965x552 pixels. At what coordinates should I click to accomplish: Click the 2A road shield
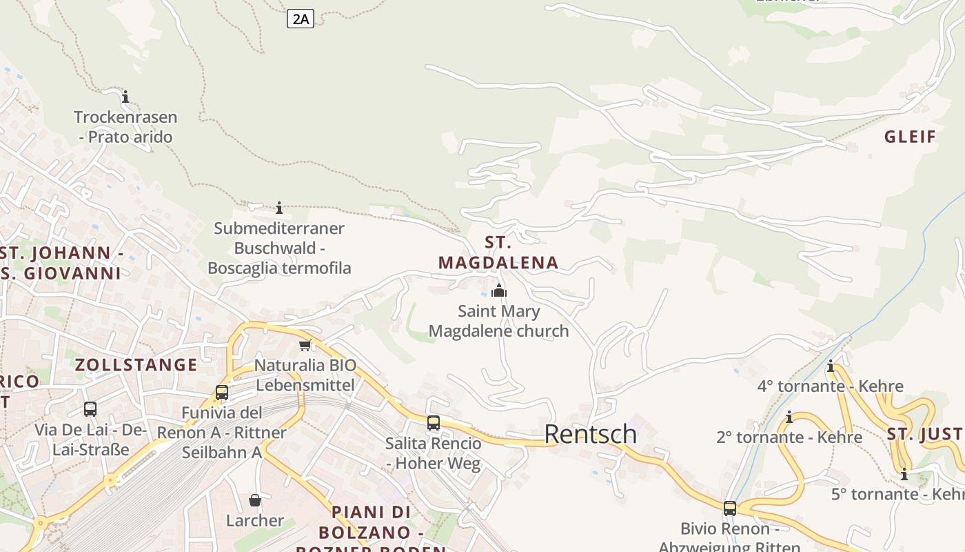tap(300, 19)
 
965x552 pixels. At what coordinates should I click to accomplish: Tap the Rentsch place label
tap(590, 434)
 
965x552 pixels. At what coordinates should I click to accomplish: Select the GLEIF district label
tap(910, 137)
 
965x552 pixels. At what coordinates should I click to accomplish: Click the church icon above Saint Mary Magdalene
tap(499, 290)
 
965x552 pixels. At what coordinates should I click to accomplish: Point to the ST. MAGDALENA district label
tap(498, 253)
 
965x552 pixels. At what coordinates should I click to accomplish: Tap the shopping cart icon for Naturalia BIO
tap(305, 345)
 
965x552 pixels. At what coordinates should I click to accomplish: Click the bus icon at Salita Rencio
tap(433, 422)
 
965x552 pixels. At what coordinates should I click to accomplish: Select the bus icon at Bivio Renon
tap(730, 509)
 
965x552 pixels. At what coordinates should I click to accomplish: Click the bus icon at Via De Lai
tap(90, 409)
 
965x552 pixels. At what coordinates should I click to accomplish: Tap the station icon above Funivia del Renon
tap(221, 393)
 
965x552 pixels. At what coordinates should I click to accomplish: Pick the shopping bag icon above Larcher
tap(255, 500)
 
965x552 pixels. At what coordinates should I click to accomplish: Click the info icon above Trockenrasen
tap(125, 97)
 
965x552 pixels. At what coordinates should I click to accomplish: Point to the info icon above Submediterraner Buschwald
tap(279, 208)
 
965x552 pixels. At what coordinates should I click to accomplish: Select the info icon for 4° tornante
tap(831, 366)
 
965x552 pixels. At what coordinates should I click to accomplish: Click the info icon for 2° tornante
tap(789, 417)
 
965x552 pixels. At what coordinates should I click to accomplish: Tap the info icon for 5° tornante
tap(904, 474)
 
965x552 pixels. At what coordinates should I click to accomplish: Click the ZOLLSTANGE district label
tap(136, 365)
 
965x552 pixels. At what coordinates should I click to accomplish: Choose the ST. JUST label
tap(924, 434)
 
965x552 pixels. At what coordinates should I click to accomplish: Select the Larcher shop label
tap(255, 520)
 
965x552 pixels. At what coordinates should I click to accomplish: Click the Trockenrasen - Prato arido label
tap(125, 127)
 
